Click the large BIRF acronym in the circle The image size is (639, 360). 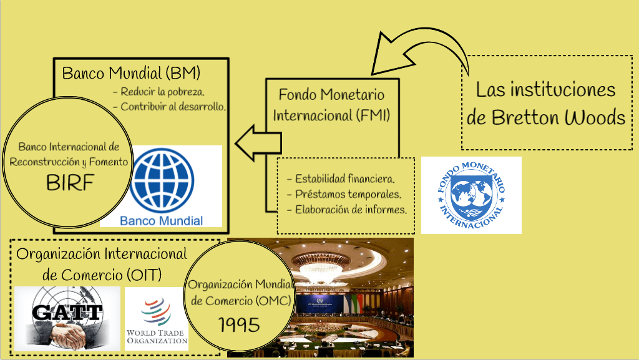pyautogui.click(x=68, y=182)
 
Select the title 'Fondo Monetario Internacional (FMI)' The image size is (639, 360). pyautogui.click(x=331, y=105)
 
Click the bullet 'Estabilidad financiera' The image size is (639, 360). pyautogui.click(x=340, y=179)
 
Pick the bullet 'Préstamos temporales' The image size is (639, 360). pyautogui.click(x=344, y=194)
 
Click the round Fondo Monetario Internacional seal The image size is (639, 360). pyautogui.click(x=471, y=195)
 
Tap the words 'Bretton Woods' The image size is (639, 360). pyautogui.click(x=546, y=117)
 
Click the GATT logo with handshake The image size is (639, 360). pyautogui.click(x=67, y=318)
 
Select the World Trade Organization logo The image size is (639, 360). pyautogui.click(x=155, y=318)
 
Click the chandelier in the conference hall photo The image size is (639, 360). pyautogui.click(x=319, y=270)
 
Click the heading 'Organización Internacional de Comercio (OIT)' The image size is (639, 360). pyautogui.click(x=102, y=263)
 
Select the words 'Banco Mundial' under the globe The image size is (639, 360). pyautogui.click(x=161, y=220)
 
